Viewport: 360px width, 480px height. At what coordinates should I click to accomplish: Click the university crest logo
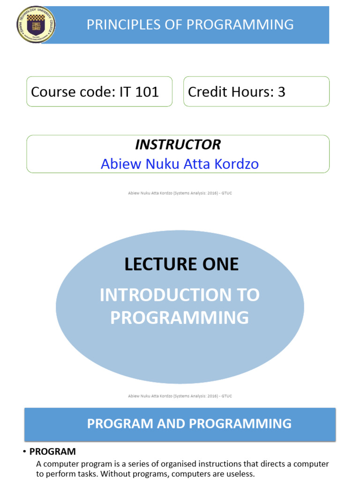[x=36, y=24]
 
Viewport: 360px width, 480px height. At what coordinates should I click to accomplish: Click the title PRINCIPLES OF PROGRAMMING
[x=190, y=24]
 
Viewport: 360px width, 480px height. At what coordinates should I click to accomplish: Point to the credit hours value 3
[x=281, y=91]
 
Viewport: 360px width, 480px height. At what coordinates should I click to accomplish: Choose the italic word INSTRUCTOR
[x=178, y=144]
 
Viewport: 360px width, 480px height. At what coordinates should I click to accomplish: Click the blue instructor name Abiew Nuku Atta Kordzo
[x=180, y=164]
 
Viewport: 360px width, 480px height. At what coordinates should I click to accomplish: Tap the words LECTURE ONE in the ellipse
[x=181, y=264]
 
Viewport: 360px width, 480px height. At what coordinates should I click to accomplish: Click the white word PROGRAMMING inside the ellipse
[x=180, y=317]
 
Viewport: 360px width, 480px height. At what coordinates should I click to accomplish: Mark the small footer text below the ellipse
[x=180, y=396]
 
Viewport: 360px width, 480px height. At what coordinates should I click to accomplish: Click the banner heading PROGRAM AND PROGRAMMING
[x=189, y=424]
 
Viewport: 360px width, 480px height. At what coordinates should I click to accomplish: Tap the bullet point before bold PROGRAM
[x=24, y=452]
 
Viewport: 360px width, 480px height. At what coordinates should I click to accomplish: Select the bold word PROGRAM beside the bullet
[x=52, y=452]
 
